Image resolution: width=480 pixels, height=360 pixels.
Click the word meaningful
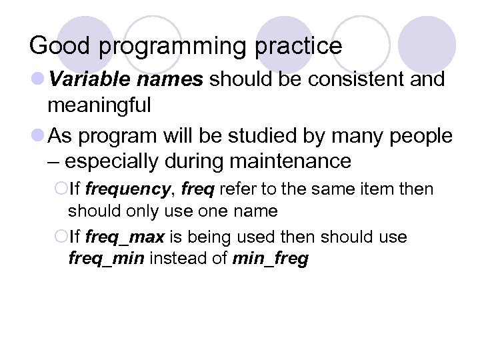(99, 105)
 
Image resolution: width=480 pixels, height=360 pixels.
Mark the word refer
(237, 189)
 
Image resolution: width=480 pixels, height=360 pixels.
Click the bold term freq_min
(106, 259)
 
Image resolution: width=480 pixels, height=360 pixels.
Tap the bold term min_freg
(271, 259)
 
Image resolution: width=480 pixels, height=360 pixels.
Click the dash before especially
(55, 162)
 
